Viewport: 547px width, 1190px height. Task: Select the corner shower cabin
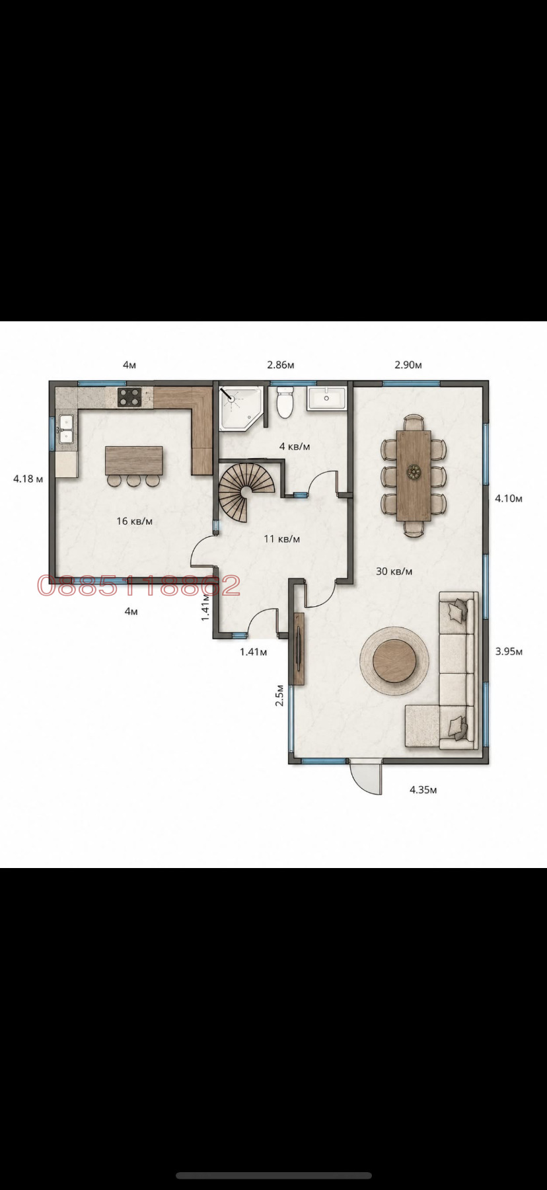[240, 408]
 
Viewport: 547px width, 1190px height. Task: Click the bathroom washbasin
[326, 399]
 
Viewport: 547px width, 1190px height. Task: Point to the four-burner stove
[129, 397]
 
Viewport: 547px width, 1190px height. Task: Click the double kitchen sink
[65, 428]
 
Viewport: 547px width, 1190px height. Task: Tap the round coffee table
[395, 660]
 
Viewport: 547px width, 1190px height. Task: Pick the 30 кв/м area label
[394, 571]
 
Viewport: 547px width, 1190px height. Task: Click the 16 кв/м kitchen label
[134, 521]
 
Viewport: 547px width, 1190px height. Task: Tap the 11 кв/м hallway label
[281, 539]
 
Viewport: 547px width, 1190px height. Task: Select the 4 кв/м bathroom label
[295, 446]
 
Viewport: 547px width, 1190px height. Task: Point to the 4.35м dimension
[423, 789]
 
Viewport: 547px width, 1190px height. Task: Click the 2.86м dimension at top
[280, 364]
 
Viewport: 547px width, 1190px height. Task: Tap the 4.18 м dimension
[28, 479]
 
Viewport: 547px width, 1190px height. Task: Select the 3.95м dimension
[509, 651]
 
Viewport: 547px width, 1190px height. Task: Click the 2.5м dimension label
[280, 695]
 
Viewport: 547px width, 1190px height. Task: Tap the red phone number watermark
[139, 585]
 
